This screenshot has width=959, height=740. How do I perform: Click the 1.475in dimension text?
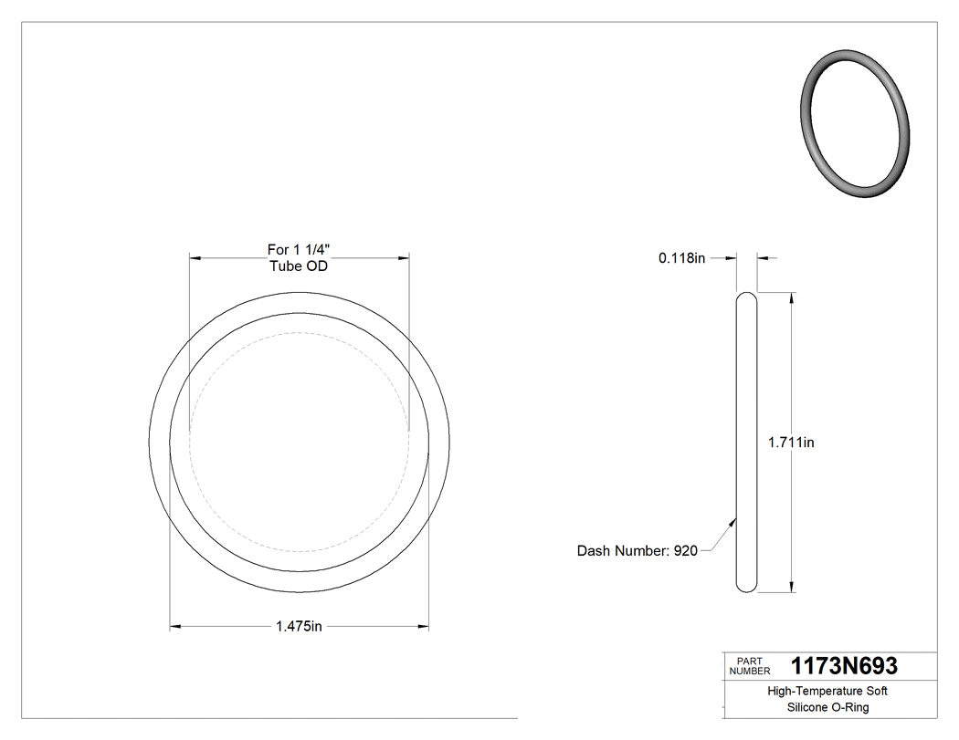(x=299, y=627)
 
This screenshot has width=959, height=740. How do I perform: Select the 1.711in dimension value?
(x=791, y=443)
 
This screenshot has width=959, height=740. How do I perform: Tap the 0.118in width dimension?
(x=681, y=258)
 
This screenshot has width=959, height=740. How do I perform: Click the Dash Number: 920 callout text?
(x=637, y=551)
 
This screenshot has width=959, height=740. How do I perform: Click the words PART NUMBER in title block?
(x=750, y=666)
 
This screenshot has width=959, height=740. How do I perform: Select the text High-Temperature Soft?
(x=827, y=692)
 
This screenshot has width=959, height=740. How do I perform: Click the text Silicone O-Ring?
(x=827, y=708)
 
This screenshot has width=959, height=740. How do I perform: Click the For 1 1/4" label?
(x=299, y=249)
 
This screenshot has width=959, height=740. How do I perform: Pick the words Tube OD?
(x=299, y=266)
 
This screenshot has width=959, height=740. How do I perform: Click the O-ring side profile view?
(x=746, y=443)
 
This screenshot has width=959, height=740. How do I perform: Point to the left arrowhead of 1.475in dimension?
(x=176, y=627)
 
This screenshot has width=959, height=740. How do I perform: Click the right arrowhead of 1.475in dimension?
(x=423, y=627)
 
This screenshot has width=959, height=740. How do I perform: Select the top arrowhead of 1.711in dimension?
(x=791, y=298)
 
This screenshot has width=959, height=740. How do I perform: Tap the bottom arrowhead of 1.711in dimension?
(x=791, y=587)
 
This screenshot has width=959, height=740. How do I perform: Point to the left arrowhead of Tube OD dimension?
(x=195, y=258)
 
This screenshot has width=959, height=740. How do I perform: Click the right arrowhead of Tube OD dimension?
(x=403, y=258)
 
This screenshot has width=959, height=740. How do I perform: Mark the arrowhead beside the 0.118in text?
(x=731, y=258)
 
